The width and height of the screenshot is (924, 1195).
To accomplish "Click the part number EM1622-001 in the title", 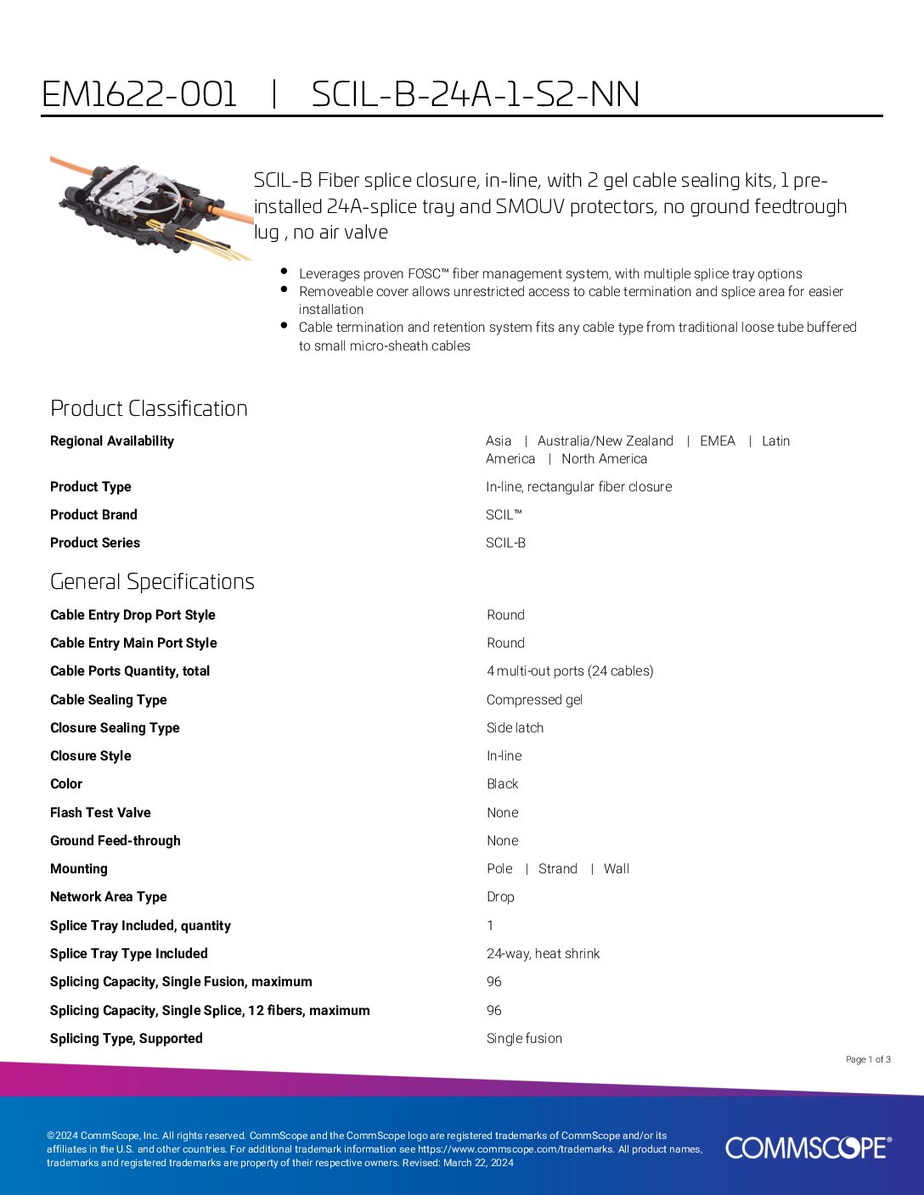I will point(139,94).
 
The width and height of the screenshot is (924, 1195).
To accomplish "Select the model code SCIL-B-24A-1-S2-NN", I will point(476,94).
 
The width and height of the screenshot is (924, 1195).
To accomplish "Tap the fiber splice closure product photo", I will point(151,207).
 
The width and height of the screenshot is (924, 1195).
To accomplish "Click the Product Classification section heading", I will point(149,408).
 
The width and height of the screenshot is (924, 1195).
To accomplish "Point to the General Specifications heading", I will point(152,581).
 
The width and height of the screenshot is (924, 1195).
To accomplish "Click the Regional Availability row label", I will point(112,441).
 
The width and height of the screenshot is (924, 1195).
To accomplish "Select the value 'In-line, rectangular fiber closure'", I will point(578,487).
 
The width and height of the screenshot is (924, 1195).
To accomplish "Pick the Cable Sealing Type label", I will point(109,700).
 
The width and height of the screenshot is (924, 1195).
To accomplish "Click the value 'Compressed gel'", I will point(534,700).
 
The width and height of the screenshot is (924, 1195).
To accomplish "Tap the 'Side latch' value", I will point(515,728).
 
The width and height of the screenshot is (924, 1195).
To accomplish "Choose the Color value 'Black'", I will point(502,784).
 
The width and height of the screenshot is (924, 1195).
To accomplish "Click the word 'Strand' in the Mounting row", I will point(557,869).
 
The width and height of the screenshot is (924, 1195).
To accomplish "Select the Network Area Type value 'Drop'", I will point(500,897).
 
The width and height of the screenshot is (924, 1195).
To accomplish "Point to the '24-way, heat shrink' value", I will point(543,954).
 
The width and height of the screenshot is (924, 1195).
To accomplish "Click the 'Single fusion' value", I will point(524,1039).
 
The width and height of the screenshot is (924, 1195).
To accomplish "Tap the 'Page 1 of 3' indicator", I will point(868,1059).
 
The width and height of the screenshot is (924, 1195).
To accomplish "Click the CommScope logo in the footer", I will point(808,1147).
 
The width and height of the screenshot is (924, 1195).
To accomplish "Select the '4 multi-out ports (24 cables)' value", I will point(570,671).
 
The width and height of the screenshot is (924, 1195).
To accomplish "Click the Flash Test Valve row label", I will point(100,813).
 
